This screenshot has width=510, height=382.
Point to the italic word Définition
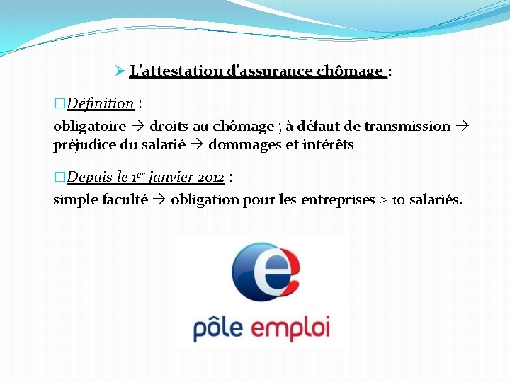(x=101, y=104)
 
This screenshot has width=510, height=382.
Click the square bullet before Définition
(x=59, y=104)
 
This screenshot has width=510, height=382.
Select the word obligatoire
(x=90, y=127)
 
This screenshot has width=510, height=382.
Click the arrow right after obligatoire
(x=137, y=127)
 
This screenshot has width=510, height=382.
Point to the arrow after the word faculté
(x=159, y=199)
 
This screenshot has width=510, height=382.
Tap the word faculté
(x=125, y=199)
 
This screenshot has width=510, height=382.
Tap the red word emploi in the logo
(x=290, y=329)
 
